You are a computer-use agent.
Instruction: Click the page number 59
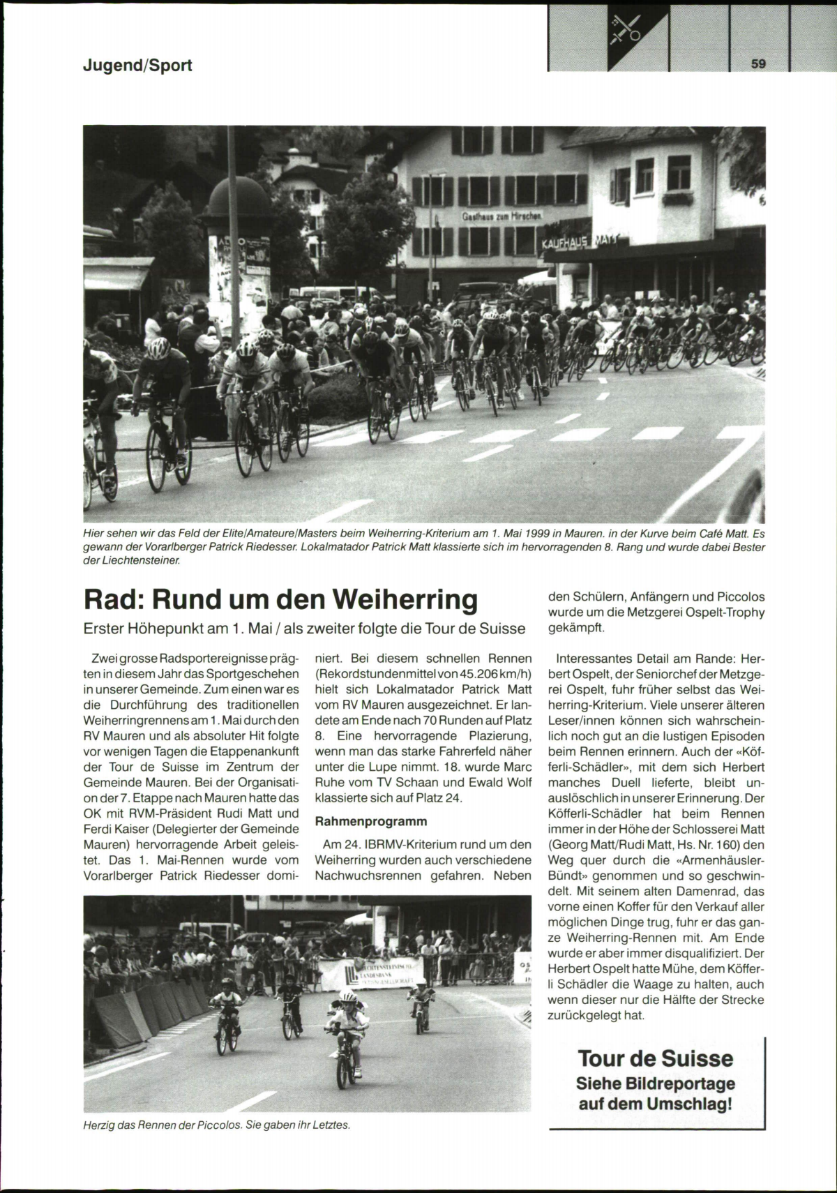tap(759, 63)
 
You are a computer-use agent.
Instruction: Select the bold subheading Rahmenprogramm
tap(371, 821)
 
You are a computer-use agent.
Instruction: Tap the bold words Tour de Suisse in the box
tap(655, 1058)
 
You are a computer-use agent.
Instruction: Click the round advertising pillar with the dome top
tap(239, 237)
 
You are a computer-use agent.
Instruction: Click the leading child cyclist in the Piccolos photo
tap(346, 1027)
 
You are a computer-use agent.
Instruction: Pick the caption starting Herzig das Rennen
tap(216, 1125)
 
